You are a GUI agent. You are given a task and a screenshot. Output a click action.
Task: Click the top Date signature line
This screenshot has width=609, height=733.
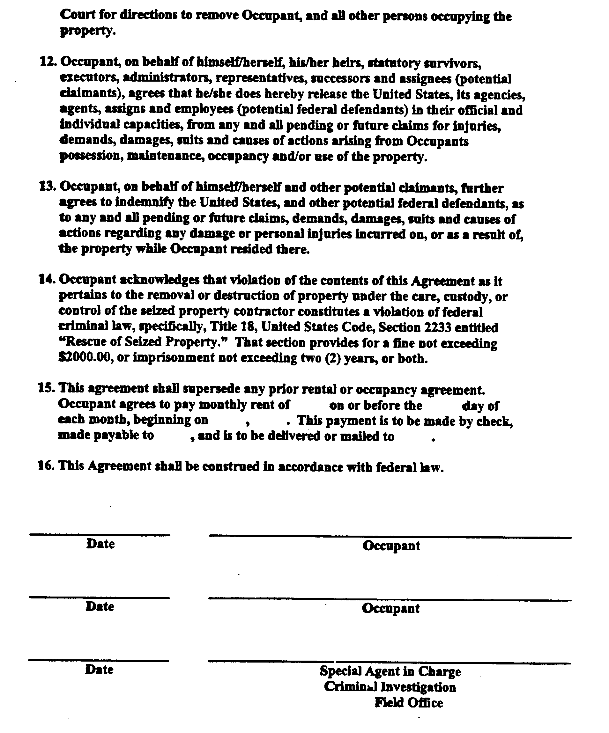click(x=100, y=534)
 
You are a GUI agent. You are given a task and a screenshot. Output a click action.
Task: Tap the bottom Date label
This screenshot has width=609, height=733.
click(x=99, y=670)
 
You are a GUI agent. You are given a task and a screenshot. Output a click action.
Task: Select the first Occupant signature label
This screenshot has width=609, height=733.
click(x=391, y=546)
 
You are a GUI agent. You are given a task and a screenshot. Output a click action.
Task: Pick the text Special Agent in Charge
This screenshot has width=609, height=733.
click(x=390, y=671)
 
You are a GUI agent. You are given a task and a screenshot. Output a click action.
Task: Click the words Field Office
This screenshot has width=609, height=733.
click(x=409, y=703)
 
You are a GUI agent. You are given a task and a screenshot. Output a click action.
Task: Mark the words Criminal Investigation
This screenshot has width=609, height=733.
click(x=390, y=687)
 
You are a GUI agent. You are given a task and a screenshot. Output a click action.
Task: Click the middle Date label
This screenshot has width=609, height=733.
click(x=100, y=607)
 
